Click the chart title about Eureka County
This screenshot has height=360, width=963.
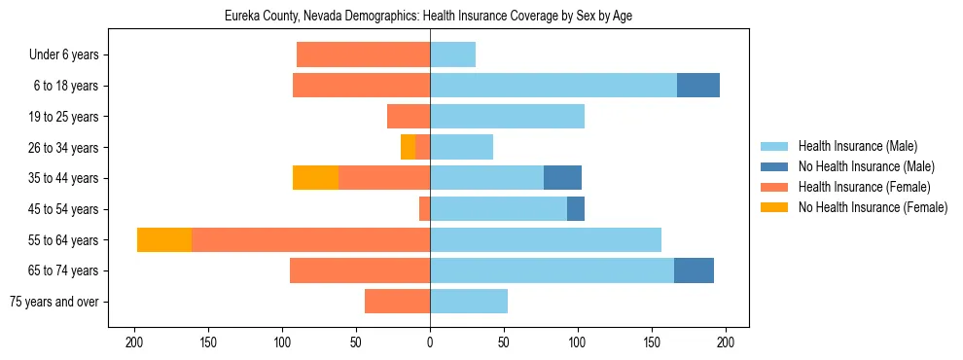429,17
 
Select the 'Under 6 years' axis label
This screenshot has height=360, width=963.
70,54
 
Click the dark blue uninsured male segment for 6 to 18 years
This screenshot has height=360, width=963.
698,86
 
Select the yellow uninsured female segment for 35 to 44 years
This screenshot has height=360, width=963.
315,178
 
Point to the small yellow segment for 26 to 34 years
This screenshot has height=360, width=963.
408,147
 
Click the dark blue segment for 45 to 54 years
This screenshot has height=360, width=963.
576,208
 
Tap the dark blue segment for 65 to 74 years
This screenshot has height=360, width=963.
694,270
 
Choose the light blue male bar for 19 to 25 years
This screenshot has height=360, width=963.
507,117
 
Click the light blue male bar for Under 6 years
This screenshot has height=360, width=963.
452,54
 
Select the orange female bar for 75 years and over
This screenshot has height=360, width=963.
397,302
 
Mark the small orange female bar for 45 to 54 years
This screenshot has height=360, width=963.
424,208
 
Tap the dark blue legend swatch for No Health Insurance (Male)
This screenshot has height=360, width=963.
774,166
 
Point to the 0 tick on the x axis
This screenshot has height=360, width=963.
430,342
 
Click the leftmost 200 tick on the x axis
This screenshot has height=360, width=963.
134,342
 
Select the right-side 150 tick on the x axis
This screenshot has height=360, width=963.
651,342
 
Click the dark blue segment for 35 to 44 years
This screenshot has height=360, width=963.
562,178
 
